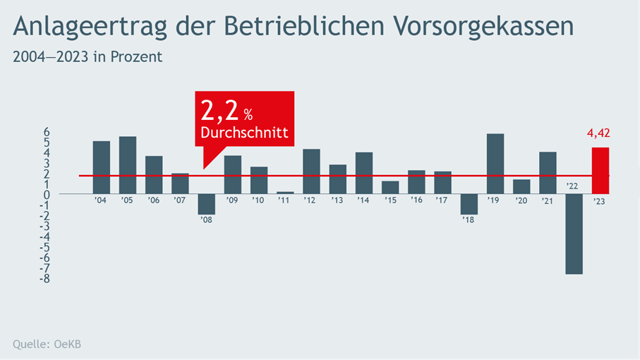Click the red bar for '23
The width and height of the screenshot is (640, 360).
point(600,170)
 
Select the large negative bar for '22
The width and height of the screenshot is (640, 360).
point(574,234)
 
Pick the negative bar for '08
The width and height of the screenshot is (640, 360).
point(206,204)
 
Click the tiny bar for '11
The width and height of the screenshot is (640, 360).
point(285,193)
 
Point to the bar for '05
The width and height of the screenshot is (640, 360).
point(128,165)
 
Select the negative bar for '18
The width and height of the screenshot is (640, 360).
point(469,204)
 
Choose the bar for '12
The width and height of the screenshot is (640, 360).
point(311,172)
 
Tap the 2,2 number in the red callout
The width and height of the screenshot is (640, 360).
point(219,111)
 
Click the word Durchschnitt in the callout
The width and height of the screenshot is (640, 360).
point(244,133)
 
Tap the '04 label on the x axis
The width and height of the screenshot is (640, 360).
point(101,200)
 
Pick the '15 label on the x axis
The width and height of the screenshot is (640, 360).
point(390,200)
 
